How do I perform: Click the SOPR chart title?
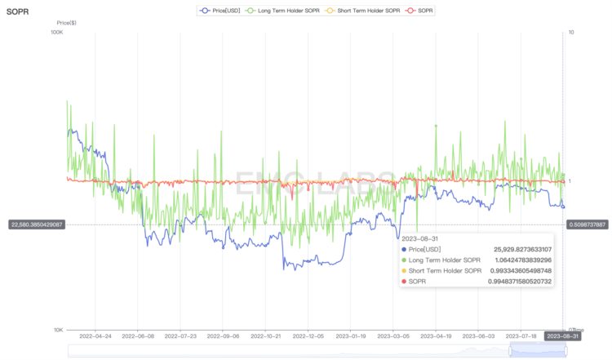point(17,12)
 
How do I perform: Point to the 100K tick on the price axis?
point(56,33)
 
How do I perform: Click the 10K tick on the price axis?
point(58,330)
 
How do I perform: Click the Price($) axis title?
point(68,22)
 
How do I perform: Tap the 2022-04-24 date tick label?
point(95,336)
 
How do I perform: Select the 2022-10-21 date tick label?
point(266,336)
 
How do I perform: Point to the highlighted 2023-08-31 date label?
point(564,336)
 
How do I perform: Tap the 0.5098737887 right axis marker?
point(587,224)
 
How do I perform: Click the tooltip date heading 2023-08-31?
point(420,238)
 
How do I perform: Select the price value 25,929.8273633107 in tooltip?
point(522,249)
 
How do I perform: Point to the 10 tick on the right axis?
point(570,33)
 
